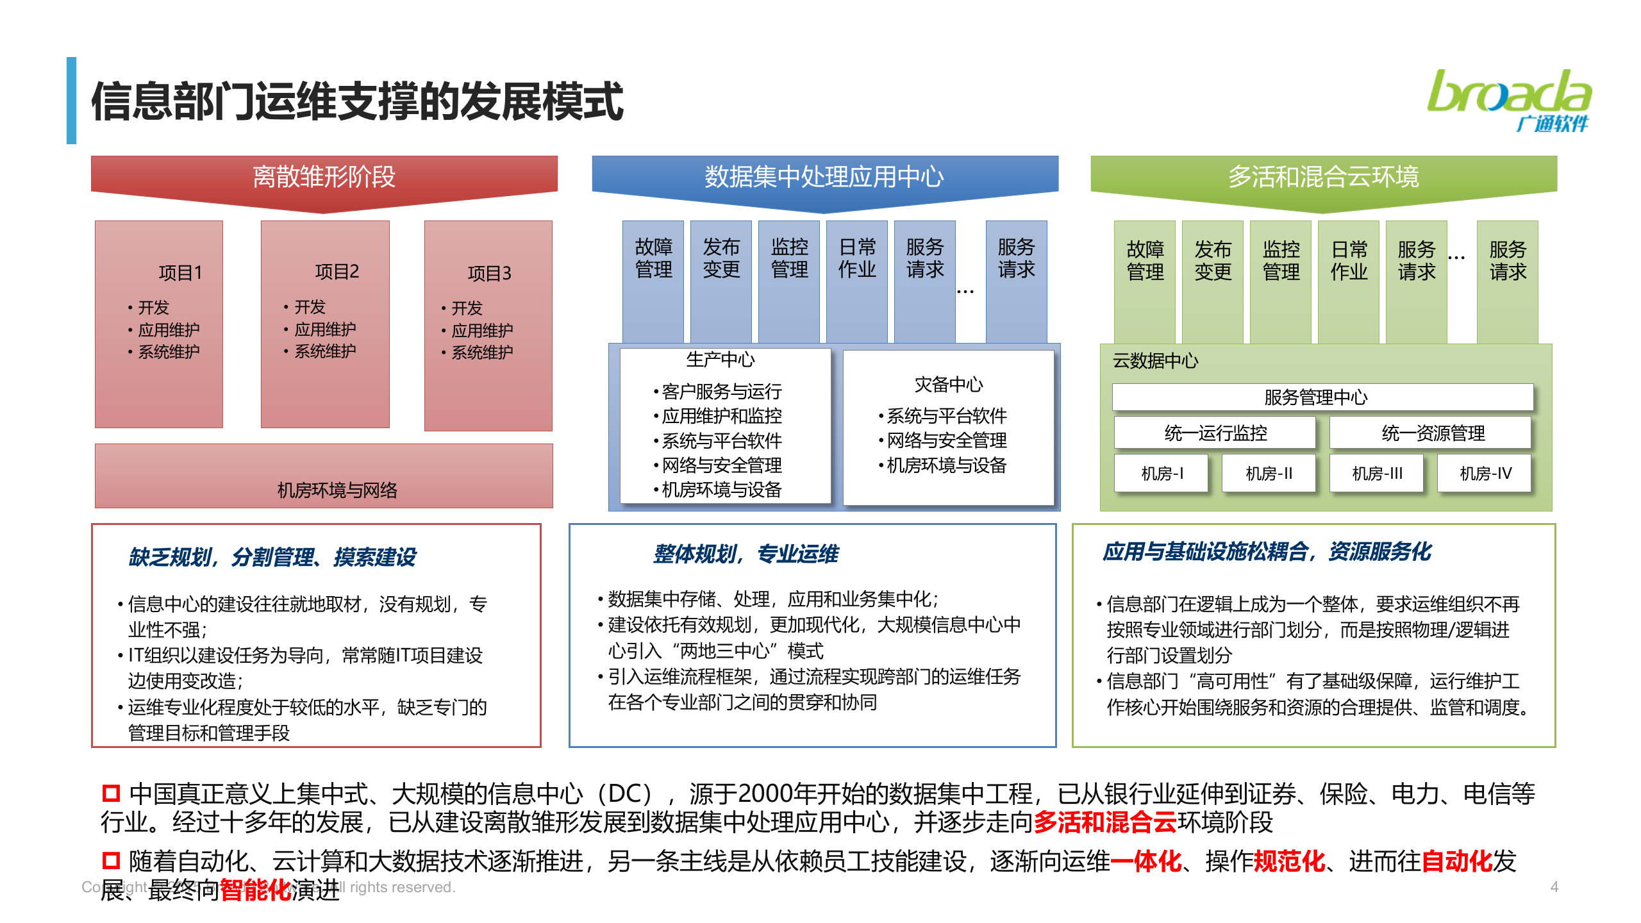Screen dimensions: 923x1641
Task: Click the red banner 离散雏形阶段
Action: pyautogui.click(x=324, y=177)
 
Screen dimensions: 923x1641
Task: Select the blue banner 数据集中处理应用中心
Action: pyautogui.click(x=824, y=177)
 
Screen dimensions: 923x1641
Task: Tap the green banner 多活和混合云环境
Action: pyautogui.click(x=1323, y=177)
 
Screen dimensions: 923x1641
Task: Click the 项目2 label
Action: pyautogui.click(x=337, y=272)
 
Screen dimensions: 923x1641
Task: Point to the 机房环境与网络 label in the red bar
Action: pyautogui.click(x=337, y=490)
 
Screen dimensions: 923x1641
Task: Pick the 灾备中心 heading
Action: pyautogui.click(x=948, y=385)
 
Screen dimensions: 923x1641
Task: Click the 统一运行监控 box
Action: pyautogui.click(x=1215, y=433)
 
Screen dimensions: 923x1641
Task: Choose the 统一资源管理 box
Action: pyautogui.click(x=1433, y=433)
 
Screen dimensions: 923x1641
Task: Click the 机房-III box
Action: pyautogui.click(x=1377, y=474)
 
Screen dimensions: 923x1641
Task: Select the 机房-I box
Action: pyautogui.click(x=1162, y=474)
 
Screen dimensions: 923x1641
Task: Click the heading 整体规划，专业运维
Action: pyautogui.click(x=746, y=554)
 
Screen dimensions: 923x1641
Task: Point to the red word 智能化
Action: pyautogui.click(x=255, y=889)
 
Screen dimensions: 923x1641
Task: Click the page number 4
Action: pyautogui.click(x=1554, y=887)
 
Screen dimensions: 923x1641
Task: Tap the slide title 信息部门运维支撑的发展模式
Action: pyautogui.click(x=357, y=101)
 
